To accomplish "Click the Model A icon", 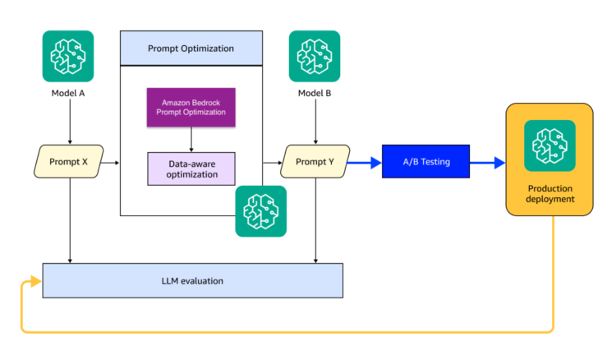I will tap(68, 56).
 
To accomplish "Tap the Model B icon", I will tap(315, 56).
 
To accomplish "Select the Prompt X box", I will tap(69, 162).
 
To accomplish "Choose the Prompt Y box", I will tap(315, 162).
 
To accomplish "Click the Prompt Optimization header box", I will tap(191, 48).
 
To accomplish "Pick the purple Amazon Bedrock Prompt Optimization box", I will tap(192, 107).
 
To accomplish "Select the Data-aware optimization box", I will tap(192, 168).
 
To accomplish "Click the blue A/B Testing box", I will tap(426, 162).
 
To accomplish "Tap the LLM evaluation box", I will tap(193, 281).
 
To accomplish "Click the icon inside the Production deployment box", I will tap(549, 145).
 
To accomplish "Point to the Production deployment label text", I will tap(549, 194).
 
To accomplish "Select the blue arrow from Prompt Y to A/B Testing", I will tap(365, 163).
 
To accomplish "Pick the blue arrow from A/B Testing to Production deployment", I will tap(488, 163).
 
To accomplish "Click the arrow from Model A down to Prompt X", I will tap(69, 123).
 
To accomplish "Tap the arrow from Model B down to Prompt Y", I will tap(315, 123).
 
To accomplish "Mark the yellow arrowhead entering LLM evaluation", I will tap(35, 282).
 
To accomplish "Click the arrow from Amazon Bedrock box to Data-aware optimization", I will tap(192, 140).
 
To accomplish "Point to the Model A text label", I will tap(68, 93).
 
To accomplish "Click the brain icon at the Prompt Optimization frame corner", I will tap(261, 211).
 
